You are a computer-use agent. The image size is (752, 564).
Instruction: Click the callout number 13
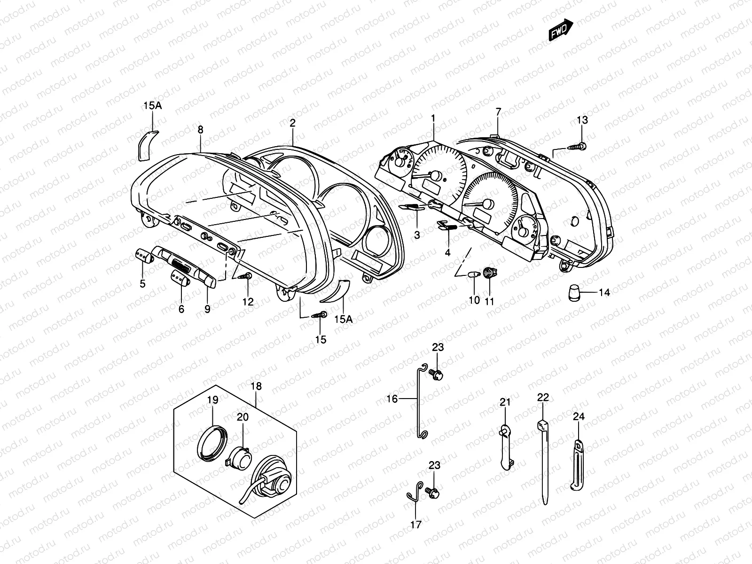[582, 120]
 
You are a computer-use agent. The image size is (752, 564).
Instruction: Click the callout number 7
[498, 112]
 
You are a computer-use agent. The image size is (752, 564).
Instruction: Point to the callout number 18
[256, 387]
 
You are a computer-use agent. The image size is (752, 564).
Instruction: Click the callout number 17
[416, 525]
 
